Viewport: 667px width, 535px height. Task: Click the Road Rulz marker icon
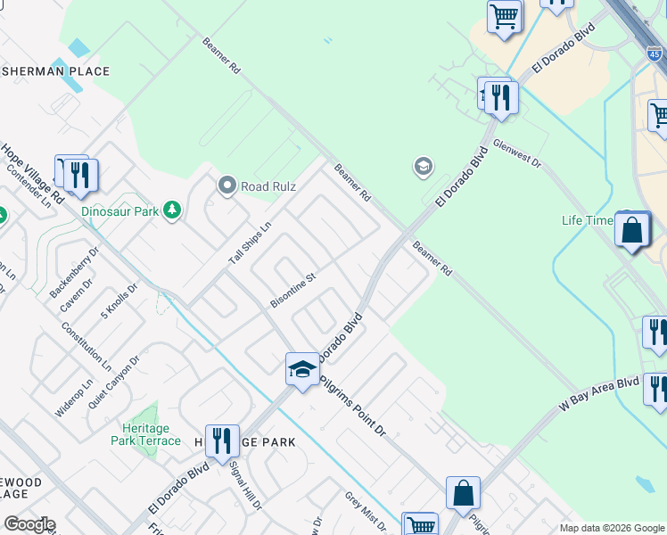[227, 186]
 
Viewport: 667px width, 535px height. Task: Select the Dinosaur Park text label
[119, 212]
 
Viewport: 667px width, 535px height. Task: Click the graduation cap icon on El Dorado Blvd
[302, 369]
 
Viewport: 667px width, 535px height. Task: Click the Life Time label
[588, 220]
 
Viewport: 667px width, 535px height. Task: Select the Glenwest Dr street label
[517, 153]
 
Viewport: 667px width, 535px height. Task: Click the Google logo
[29, 524]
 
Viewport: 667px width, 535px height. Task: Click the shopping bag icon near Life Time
[631, 231]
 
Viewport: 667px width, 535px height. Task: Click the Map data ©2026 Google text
[612, 528]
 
